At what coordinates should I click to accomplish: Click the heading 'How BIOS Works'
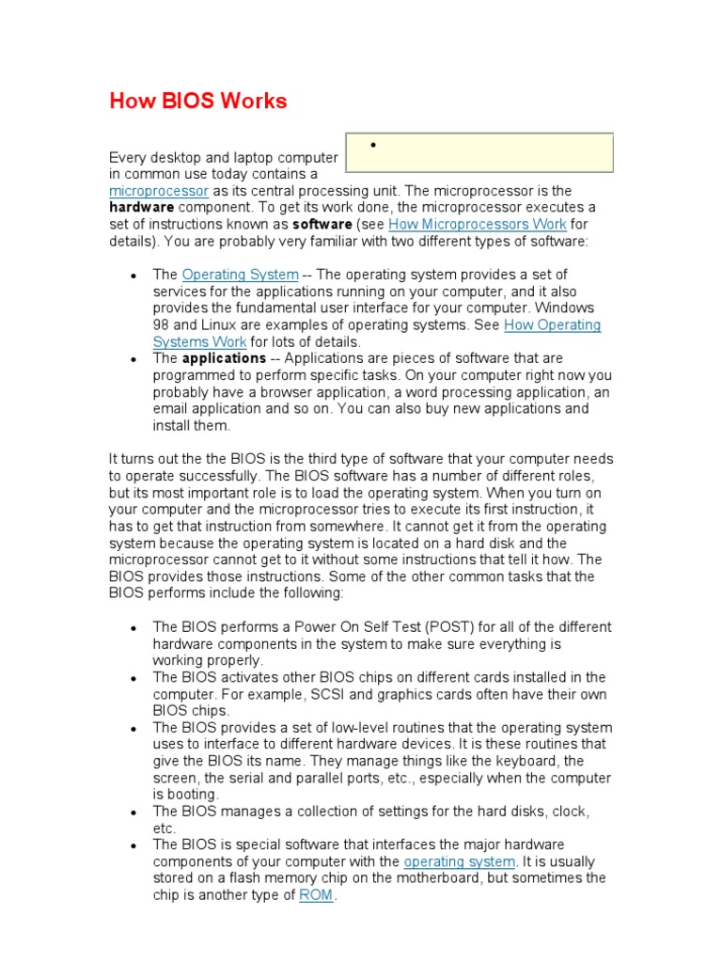[198, 101]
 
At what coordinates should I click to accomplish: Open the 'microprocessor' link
[158, 191]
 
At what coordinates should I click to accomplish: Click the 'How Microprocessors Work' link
[478, 224]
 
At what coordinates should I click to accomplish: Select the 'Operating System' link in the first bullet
[240, 275]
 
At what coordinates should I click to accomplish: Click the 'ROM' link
[316, 895]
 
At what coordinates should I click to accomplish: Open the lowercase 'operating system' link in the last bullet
[459, 861]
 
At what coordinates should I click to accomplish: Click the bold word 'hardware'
[142, 207]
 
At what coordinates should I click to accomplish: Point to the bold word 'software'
[322, 224]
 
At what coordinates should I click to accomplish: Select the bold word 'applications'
[224, 358]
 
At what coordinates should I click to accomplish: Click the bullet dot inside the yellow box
[373, 145]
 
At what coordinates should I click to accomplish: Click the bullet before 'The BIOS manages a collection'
[135, 812]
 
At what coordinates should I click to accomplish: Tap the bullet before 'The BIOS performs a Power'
[135, 628]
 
